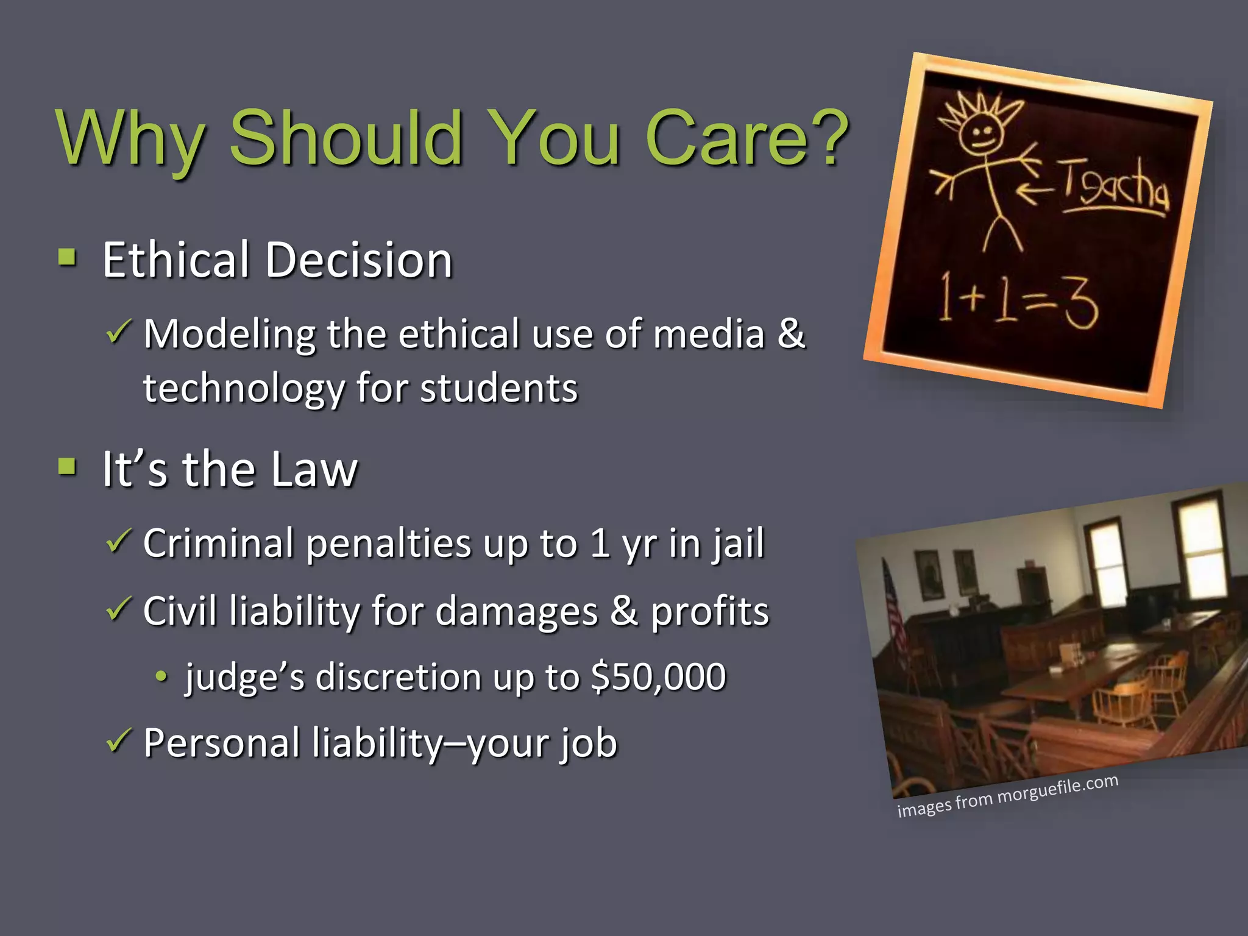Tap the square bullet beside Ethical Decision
coord(68,258)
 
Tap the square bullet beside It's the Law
coord(68,467)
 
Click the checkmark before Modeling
coord(118,332)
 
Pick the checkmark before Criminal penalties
coord(118,541)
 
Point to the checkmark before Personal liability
coord(118,741)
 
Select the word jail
coord(739,543)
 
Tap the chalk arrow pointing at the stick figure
coord(1035,191)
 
